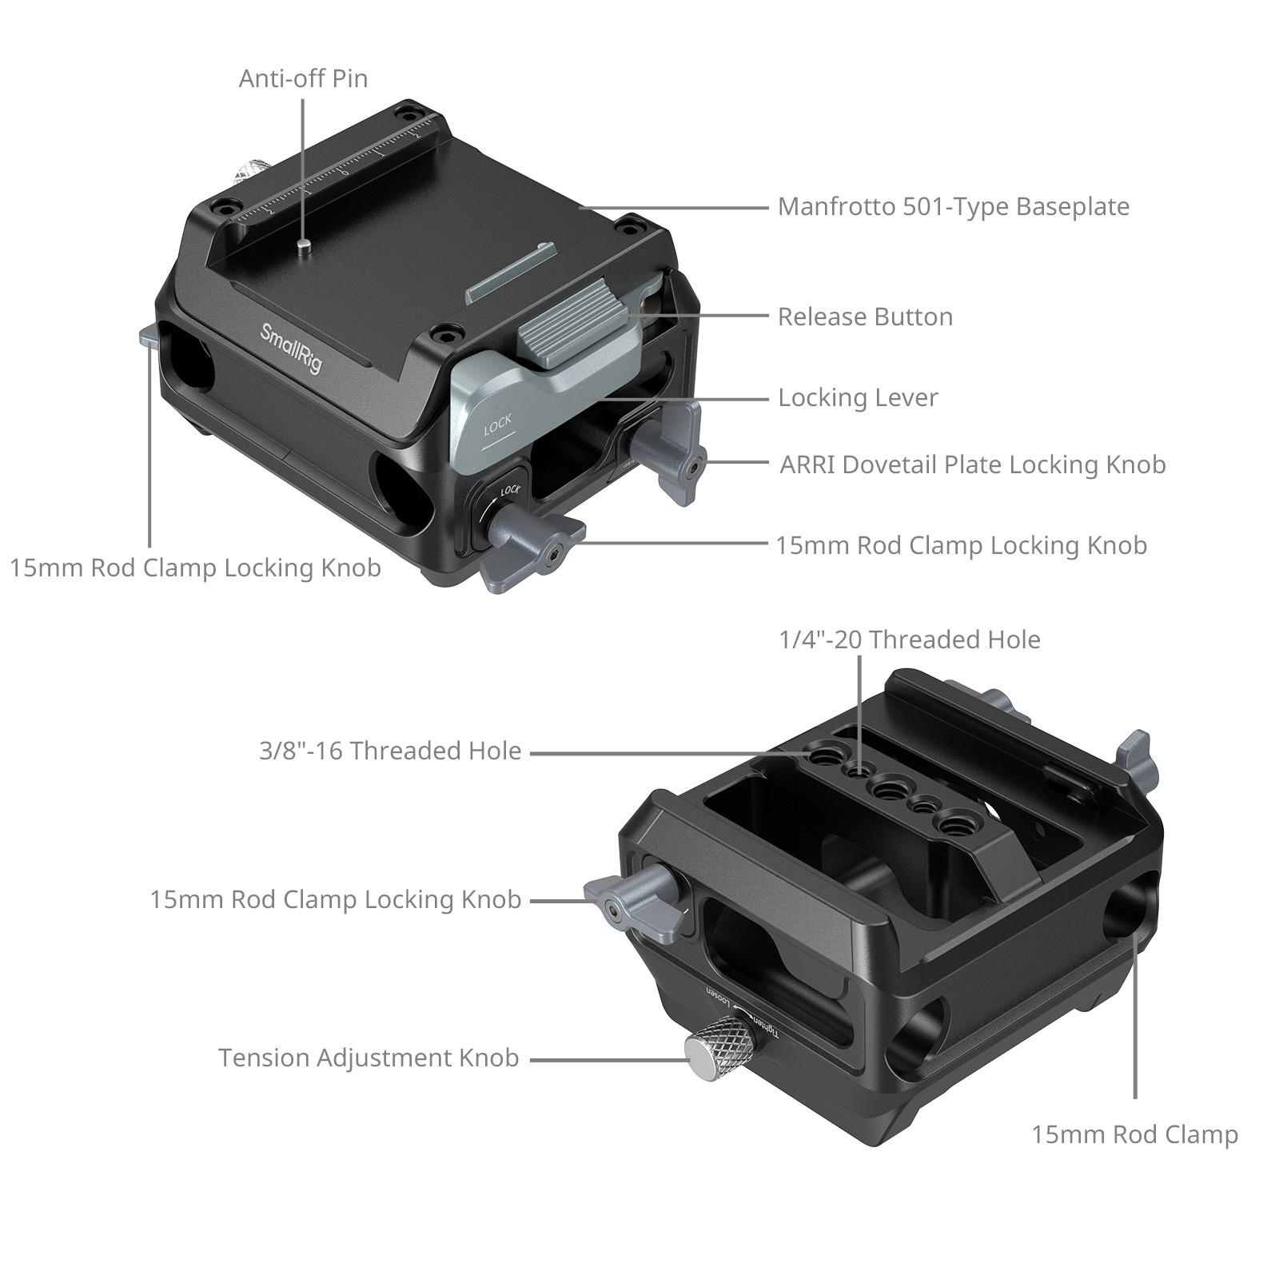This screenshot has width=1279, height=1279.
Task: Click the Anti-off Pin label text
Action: coord(303,78)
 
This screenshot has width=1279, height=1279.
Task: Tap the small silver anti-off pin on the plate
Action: coord(304,246)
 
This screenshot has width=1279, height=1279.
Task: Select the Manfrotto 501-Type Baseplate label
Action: coord(953,206)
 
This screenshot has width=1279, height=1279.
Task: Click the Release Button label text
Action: coord(865,317)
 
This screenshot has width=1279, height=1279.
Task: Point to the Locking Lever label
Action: coord(858,397)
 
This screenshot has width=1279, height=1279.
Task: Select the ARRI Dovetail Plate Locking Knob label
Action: coord(972,464)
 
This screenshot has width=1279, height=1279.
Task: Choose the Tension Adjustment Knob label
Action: coord(369,1058)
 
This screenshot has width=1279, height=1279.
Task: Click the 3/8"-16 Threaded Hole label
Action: coord(390,751)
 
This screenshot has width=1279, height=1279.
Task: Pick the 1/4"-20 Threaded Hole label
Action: coord(910,639)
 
